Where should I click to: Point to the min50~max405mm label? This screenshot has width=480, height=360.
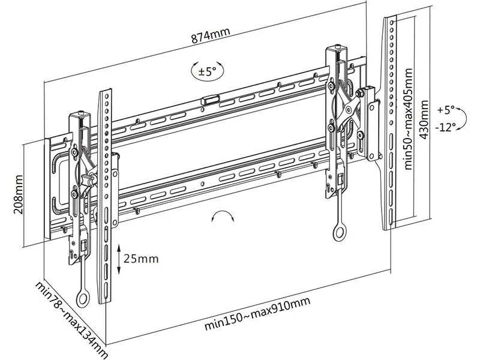409,124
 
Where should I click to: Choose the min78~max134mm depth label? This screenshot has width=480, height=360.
71,321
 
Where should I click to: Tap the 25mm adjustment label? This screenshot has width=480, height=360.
140,259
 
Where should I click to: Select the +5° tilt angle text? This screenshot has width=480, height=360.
447,110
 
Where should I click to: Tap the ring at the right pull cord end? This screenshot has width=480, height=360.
340,232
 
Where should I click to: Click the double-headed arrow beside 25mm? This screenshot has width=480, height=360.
118,259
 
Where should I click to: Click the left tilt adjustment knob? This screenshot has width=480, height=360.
90,179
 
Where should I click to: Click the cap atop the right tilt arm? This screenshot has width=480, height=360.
340,46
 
